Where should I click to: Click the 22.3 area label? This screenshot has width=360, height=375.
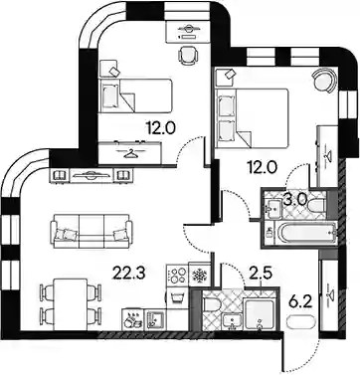tap(129, 274)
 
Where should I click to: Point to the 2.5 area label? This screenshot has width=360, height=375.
tap(262, 274)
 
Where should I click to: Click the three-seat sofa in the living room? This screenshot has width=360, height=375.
tap(91, 231)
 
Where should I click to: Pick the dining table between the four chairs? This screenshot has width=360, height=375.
tap(70, 304)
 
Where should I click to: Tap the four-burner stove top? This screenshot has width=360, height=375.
tap(177, 275)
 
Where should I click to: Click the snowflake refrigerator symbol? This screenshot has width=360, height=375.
tap(200, 276)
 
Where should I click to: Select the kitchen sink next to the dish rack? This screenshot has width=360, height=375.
tap(155, 319)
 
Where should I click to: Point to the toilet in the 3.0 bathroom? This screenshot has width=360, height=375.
tap(316, 205)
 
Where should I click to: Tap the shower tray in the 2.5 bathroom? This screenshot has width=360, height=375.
tap(258, 314)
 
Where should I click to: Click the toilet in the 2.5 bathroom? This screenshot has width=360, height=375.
tap(210, 305)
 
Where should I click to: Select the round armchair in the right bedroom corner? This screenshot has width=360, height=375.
tap(324, 81)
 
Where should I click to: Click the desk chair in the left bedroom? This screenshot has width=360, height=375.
tap(188, 54)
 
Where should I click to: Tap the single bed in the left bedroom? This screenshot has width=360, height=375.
tap(136, 95)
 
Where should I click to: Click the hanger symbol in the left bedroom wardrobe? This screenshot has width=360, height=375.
tap(131, 154)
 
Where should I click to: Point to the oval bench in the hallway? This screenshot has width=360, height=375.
tap(300, 322)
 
